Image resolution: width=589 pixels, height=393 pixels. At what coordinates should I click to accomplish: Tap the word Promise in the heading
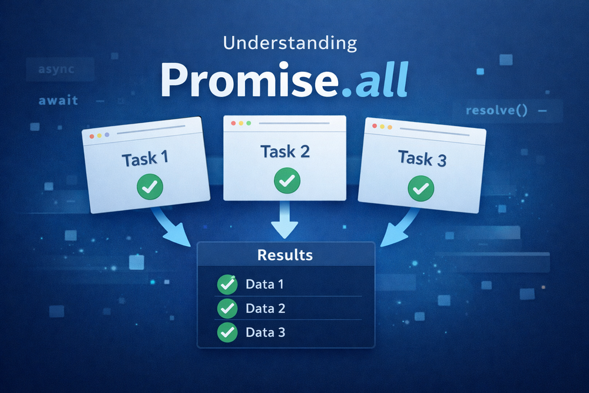click(x=241, y=81)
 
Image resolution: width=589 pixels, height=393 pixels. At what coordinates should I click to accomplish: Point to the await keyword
click(x=58, y=100)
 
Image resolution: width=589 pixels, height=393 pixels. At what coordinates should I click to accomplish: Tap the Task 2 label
click(x=286, y=152)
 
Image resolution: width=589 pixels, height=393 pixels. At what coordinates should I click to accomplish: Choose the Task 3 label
click(x=423, y=158)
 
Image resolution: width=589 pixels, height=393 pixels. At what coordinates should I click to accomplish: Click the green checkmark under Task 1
click(x=150, y=187)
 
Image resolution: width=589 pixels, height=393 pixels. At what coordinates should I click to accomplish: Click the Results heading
click(x=285, y=255)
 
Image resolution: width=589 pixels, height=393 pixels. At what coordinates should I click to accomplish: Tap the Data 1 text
click(x=264, y=285)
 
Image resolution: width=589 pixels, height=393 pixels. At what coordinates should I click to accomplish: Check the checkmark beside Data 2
click(x=227, y=308)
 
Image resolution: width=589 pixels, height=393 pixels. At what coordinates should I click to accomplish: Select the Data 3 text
click(x=265, y=332)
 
